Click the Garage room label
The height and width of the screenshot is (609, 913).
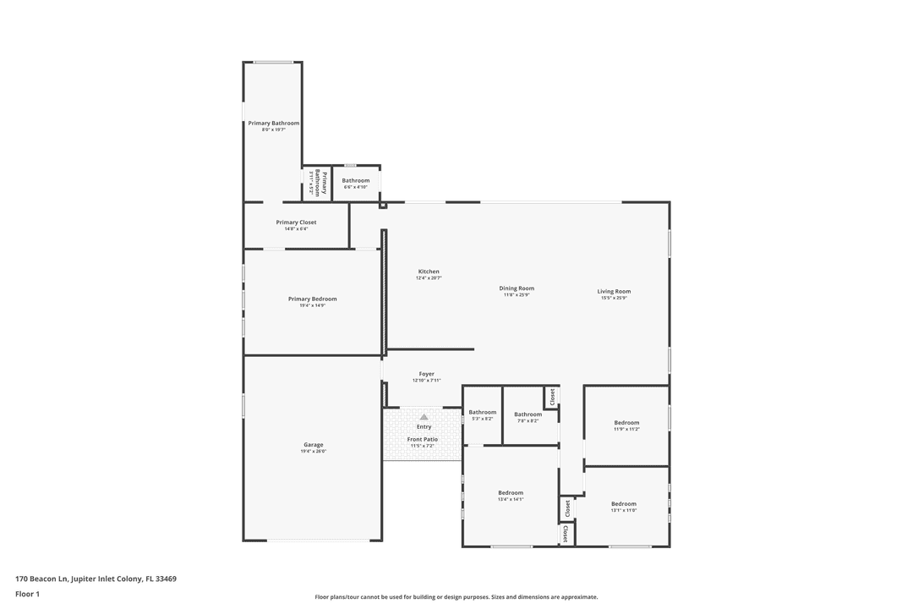314,445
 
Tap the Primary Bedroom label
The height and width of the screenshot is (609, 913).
312,299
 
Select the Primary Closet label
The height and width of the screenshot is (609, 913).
296,222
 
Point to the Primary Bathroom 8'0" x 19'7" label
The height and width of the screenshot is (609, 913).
273,123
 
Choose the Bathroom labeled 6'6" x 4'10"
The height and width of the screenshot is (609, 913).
355,181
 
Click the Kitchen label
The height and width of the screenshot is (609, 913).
429,272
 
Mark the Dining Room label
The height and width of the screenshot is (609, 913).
517,288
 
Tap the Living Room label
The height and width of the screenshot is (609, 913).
614,292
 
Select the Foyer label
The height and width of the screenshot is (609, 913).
426,374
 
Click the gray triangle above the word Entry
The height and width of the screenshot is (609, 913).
424,417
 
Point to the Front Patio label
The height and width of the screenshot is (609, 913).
423,440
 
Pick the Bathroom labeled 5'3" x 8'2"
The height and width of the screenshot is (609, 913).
483,413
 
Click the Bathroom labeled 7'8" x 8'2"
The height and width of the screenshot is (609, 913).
528,414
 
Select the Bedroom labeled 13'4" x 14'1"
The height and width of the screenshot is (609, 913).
511,493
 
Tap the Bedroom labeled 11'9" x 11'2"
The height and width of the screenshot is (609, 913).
626,423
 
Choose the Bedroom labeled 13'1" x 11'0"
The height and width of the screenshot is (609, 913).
624,504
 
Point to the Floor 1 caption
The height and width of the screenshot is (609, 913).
27,594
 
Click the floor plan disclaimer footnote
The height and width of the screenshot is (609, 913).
456,597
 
